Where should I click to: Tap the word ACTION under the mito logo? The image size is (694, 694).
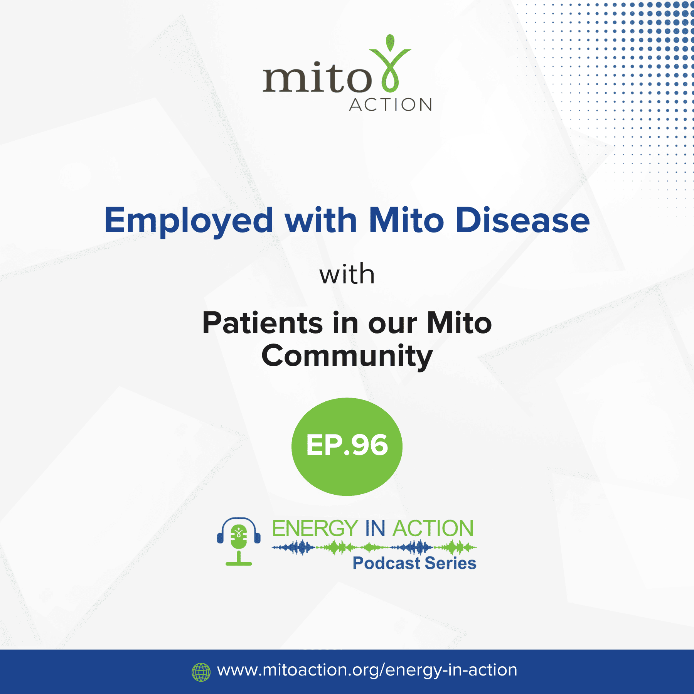(x=391, y=105)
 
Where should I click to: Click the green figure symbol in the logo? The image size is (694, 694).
(x=390, y=64)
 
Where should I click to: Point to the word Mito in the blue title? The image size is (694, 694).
(x=407, y=220)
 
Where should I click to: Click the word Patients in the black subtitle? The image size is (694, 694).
(x=263, y=323)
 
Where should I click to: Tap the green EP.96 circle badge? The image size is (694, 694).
(x=347, y=446)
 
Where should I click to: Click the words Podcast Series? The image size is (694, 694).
(x=414, y=563)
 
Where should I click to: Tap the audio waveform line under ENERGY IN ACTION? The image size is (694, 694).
(x=374, y=547)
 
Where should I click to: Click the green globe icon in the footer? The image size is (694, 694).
(x=201, y=672)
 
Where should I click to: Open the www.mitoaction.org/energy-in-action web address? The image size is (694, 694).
(x=367, y=670)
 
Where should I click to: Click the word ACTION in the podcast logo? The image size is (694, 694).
(x=433, y=528)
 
